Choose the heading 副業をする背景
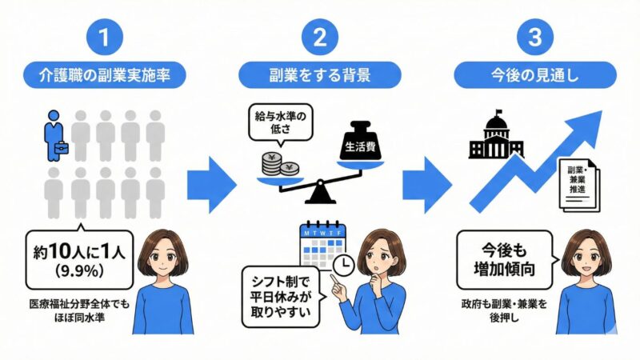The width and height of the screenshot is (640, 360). (x=318, y=75)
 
